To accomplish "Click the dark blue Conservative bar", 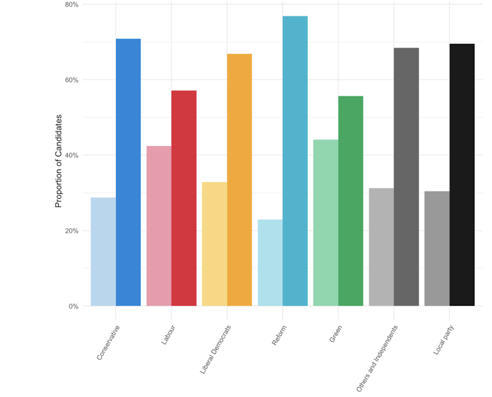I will pos(128,173).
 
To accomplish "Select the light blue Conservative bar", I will pos(103,252).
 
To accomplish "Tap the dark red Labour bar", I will pos(183,198).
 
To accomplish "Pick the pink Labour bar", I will pos(159,226).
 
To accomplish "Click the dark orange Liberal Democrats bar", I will pos(239,180).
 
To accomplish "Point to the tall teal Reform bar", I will pos(295,161).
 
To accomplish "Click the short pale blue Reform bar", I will pos(270,263).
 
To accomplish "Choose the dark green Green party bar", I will pos(350,201).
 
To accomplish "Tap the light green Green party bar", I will pos(326,223).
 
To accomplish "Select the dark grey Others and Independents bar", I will pos(406,177).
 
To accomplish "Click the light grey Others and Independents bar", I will pos(381,247).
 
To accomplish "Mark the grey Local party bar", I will pos(437,248).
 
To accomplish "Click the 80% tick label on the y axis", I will pos(71,5).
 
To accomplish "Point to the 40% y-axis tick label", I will pos(71,155).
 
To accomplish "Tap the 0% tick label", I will pos(73,306).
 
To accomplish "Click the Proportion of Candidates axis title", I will pos(58,161).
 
